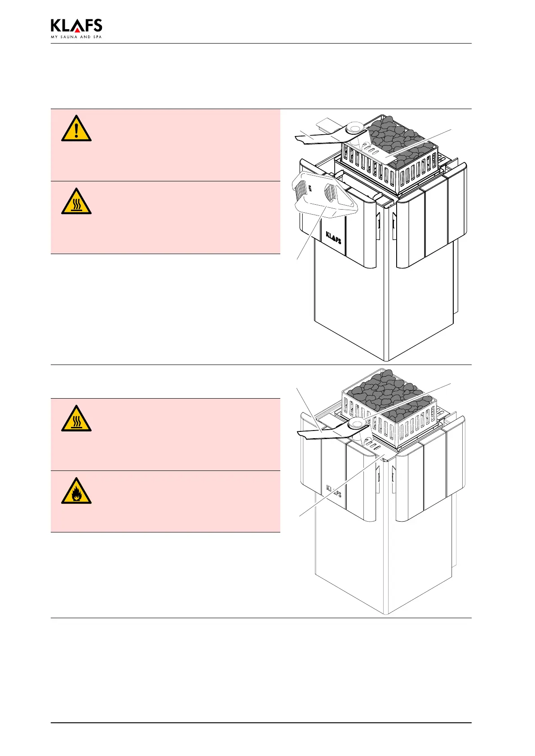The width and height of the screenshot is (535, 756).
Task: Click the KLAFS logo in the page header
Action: click(x=76, y=26)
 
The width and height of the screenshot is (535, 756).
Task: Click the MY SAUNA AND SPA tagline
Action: click(x=76, y=37)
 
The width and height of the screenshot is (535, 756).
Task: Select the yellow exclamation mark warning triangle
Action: click(x=76, y=129)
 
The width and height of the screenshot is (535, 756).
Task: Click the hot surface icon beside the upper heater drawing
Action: click(x=76, y=202)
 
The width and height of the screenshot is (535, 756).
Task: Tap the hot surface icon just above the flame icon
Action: click(x=76, y=419)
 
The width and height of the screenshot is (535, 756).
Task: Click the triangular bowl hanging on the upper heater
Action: click(x=324, y=198)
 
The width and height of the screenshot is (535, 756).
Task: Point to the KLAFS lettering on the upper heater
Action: click(x=333, y=236)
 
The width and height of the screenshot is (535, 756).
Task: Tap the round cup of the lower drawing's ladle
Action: click(x=358, y=422)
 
